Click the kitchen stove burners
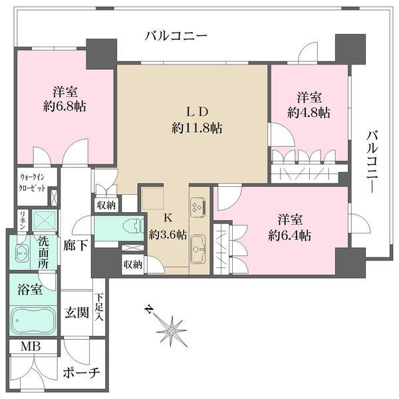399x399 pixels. pos(199,208)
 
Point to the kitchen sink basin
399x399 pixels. pos(199,252)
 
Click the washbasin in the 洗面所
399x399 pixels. pos(19,252)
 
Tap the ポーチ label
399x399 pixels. pos(82,373)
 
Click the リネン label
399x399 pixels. pos(23,220)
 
